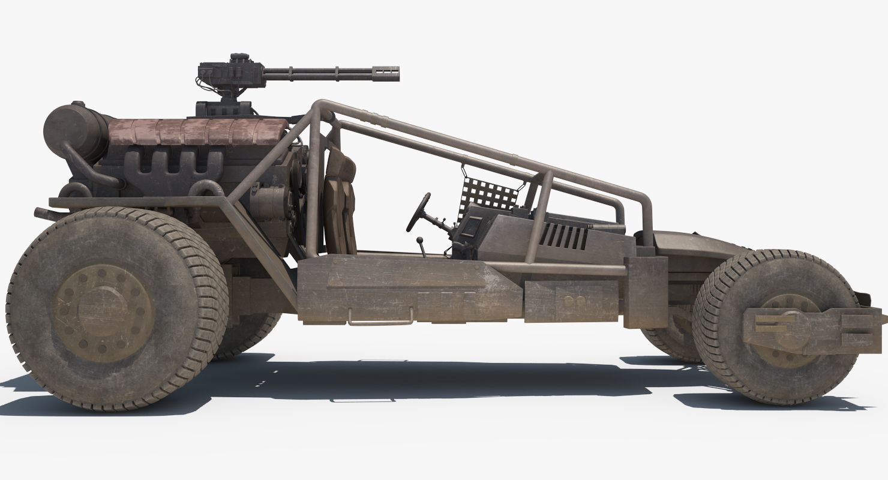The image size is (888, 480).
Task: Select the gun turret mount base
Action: click(223, 108)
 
